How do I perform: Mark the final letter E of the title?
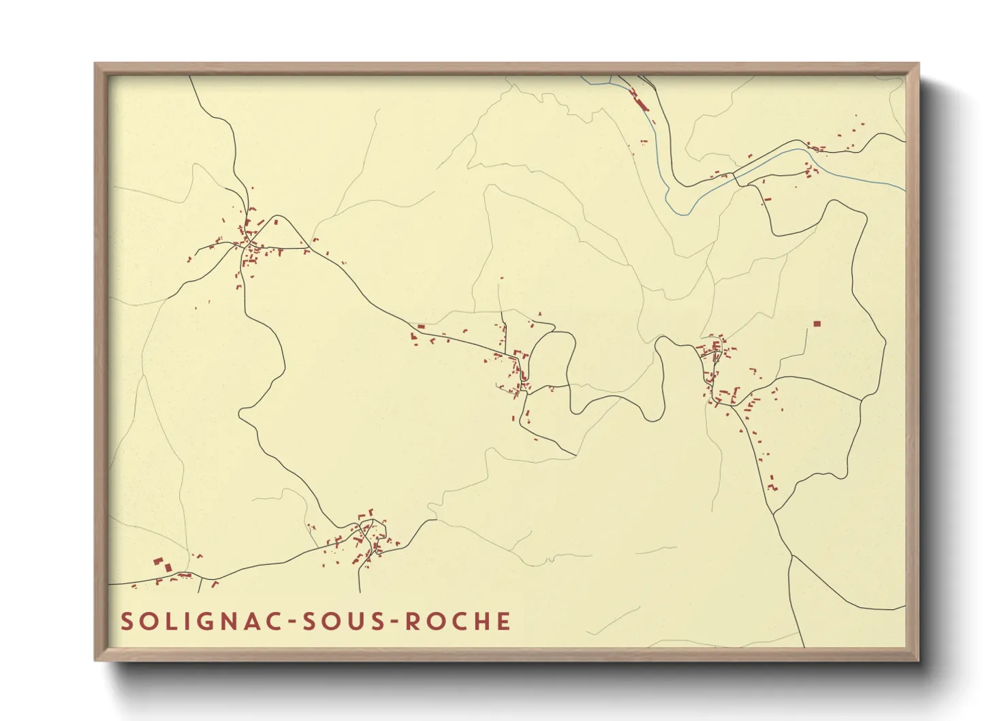click(x=505, y=622)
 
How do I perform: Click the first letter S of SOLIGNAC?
click(x=127, y=622)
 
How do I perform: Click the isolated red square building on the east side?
click(x=817, y=324)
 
